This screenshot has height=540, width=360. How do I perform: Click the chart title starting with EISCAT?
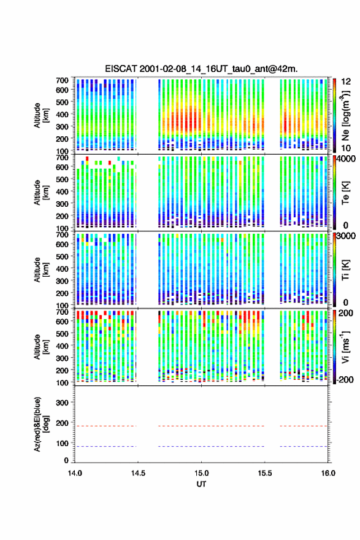tap(201, 69)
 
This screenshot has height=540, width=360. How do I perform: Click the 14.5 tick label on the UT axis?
tap(138, 473)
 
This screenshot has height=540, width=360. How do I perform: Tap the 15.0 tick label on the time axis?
tap(201, 473)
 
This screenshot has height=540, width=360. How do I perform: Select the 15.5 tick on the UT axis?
tap(265, 473)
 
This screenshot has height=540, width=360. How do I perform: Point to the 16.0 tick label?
tap(328, 473)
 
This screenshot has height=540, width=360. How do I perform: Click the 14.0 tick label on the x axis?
tap(75, 473)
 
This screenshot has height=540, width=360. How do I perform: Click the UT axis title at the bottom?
tap(201, 484)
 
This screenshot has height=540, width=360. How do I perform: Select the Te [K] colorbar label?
tap(345, 193)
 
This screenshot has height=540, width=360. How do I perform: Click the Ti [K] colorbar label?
tap(345, 269)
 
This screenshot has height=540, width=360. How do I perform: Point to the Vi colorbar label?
tap(345, 347)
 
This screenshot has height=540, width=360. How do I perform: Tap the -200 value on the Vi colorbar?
tap(344, 379)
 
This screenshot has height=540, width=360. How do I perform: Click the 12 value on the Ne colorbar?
tap(346, 82)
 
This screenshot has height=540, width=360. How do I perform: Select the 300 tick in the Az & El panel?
tap(62, 403)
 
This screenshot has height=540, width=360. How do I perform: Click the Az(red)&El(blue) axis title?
tap(41, 424)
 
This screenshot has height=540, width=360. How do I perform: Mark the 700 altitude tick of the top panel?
tap(62, 80)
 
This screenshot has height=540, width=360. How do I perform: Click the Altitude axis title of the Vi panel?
tap(41, 347)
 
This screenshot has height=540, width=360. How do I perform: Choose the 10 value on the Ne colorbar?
tap(346, 148)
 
